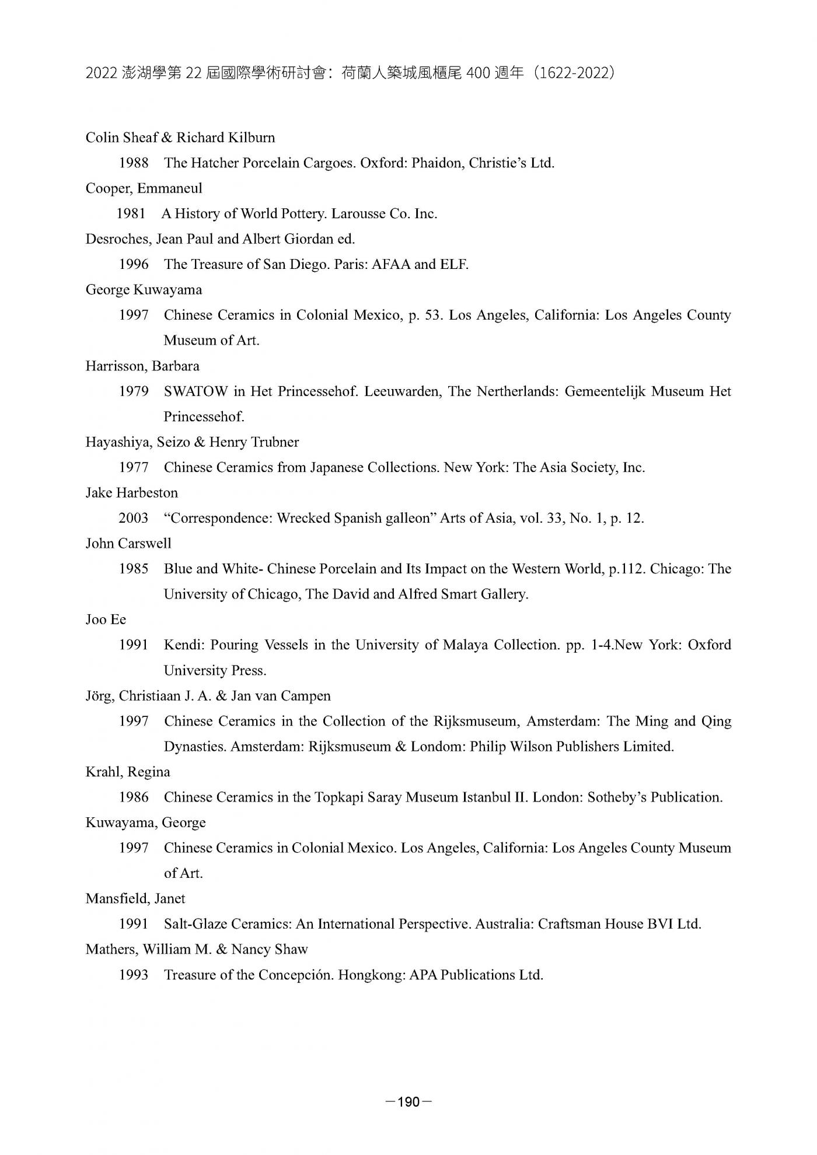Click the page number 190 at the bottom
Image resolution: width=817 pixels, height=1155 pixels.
(x=408, y=1102)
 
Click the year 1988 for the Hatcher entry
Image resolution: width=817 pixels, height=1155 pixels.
(x=134, y=163)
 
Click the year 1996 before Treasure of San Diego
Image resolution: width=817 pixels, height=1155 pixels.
(x=134, y=264)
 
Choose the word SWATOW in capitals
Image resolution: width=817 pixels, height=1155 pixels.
(x=195, y=391)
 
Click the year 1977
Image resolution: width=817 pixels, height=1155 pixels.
(x=134, y=467)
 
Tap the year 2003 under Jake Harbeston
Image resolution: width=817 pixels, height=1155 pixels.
(x=134, y=518)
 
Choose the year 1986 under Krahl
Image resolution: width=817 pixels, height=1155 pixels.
(x=134, y=797)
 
